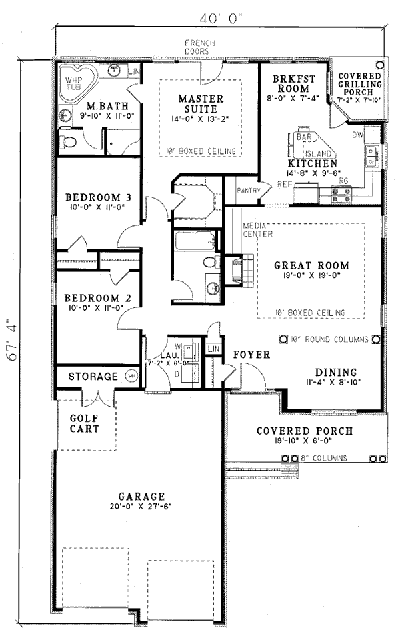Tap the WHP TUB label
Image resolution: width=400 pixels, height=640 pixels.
point(71,82)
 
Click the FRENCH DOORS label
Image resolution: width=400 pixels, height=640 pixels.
point(198,47)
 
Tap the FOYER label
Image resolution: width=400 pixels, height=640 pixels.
point(252,355)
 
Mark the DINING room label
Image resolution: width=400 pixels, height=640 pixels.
point(337,372)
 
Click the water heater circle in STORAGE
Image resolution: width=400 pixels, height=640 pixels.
point(131,377)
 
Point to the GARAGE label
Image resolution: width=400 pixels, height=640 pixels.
point(141,497)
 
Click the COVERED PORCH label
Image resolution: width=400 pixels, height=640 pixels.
point(305,431)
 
